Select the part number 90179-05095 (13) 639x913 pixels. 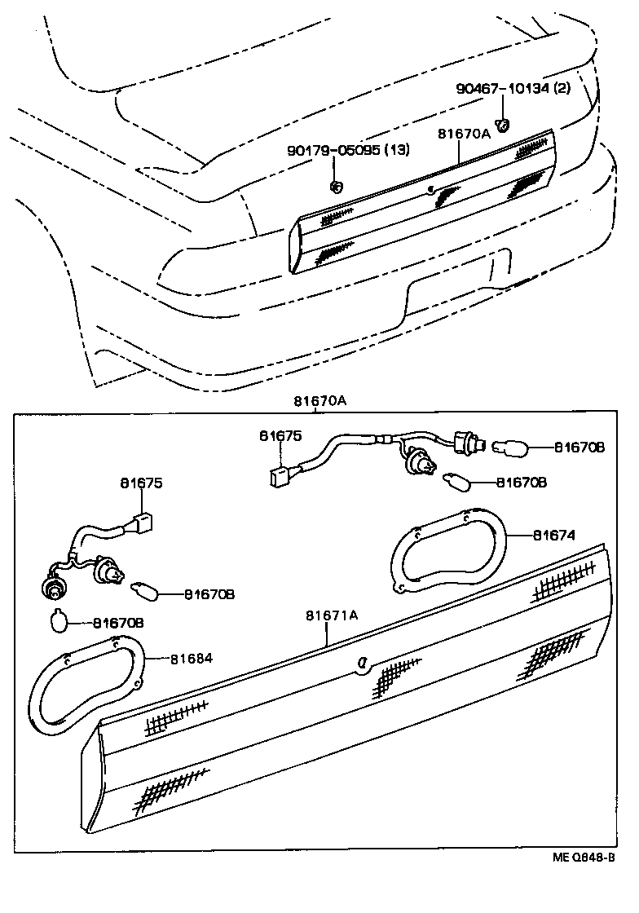coord(347,150)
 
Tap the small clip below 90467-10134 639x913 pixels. coord(505,125)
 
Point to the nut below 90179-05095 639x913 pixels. coord(335,186)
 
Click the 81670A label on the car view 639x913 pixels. coord(464,134)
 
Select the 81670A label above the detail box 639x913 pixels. coord(320,400)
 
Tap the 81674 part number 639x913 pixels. coord(554,536)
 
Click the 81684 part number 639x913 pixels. coord(192,658)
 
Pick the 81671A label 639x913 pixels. coord(332,615)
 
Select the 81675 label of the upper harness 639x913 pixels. coord(280,436)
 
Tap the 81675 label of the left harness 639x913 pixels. coord(142,483)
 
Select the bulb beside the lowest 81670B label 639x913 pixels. coord(59,621)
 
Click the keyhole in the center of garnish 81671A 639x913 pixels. coord(359,665)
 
